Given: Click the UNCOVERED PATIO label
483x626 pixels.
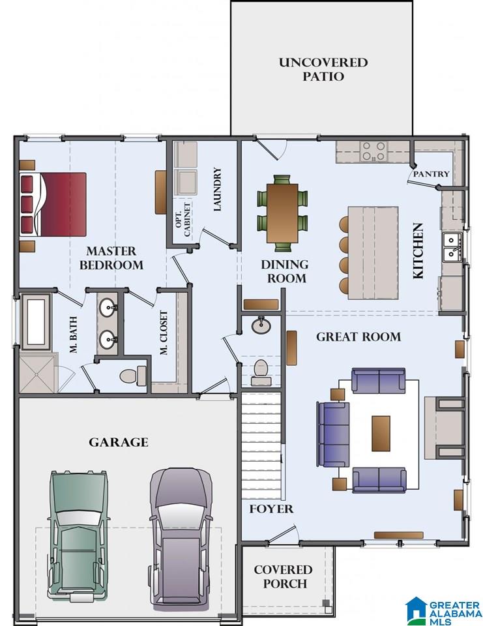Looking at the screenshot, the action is click(323, 69).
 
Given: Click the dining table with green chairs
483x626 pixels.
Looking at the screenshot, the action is click(282, 213).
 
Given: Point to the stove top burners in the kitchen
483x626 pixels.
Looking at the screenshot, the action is click(373, 151).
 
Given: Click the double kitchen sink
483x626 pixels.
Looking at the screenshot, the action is click(452, 246).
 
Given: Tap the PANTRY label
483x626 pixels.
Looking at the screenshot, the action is click(431, 174).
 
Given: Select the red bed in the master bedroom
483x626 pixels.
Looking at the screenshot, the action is click(53, 204).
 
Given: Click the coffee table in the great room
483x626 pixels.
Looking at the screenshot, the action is click(381, 433).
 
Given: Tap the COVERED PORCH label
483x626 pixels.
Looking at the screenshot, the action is click(284, 576).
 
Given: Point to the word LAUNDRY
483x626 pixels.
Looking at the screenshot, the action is click(217, 189).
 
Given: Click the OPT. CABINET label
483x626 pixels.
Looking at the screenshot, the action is click(183, 220).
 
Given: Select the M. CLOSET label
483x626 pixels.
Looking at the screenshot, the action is click(163, 333).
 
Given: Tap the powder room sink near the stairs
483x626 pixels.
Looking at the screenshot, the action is click(261, 325).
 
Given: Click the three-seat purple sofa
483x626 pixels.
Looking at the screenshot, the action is click(333, 434).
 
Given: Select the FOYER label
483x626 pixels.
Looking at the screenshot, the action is click(271, 509).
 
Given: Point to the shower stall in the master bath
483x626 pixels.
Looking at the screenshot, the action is click(37, 373).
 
